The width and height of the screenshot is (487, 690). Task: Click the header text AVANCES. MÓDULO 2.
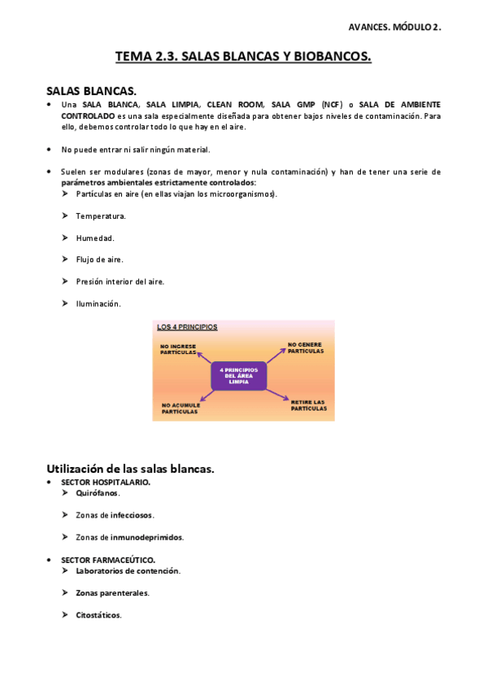pos(394,27)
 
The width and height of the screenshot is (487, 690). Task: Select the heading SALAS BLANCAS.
pos(91,91)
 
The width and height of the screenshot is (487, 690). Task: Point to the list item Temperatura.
pos(101,216)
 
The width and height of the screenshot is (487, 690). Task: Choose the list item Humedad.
pos(95,238)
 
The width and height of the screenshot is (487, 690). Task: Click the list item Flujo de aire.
pos(99,260)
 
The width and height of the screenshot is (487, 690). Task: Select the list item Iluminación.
pos(98,304)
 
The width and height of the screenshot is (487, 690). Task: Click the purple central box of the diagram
pos(238,375)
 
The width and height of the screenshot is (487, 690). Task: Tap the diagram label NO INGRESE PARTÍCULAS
pos(178,349)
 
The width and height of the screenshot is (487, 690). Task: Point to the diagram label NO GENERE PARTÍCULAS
pos(307,347)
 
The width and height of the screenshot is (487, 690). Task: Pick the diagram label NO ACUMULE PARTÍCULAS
pos(180,408)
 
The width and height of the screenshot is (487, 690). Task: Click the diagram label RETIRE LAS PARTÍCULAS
pos(308,404)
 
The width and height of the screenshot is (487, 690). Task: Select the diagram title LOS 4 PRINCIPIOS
pos(187,327)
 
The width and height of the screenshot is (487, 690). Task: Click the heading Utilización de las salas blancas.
pos(130,469)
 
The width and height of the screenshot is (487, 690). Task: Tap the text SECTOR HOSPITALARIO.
pos(106,482)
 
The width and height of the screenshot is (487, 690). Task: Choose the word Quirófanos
pos(98,493)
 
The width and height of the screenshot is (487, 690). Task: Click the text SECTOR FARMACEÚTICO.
pos(108,560)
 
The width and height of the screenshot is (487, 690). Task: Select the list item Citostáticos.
pos(98,615)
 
